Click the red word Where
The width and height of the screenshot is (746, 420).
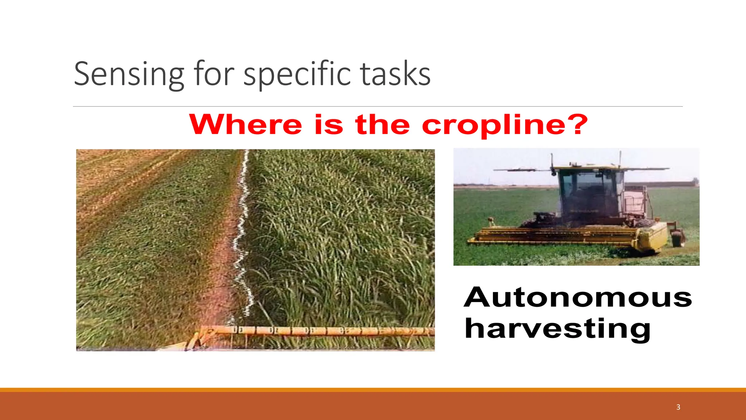pos(246,125)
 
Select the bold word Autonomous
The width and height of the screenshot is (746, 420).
pos(578,297)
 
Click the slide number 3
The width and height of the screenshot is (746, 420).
pos(678,407)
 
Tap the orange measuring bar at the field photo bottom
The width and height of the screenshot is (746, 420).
pos(317,331)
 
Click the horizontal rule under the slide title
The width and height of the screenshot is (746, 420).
pos(378,107)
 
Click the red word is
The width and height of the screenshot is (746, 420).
pos(329,125)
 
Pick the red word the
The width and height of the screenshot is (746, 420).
pos(382,125)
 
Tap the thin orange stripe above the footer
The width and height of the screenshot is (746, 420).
pos(373,390)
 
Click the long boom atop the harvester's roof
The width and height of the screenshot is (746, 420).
pos(583,169)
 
